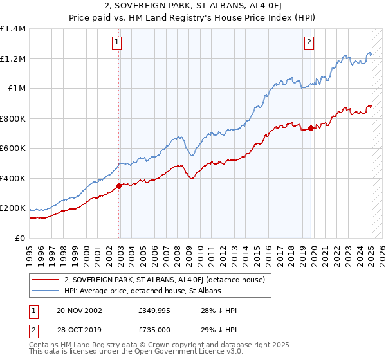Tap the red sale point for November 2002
[118, 186]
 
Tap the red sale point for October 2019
[311, 128]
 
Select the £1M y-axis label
[16, 89]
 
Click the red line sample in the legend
[45, 280]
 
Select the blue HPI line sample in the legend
[45, 291]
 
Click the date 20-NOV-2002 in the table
[79, 310]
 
